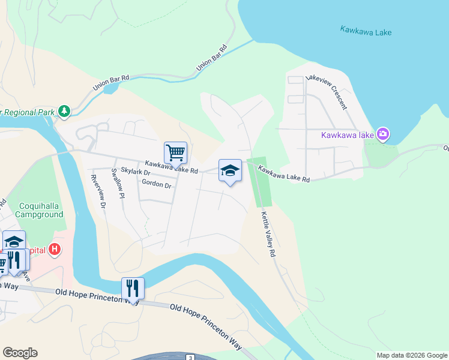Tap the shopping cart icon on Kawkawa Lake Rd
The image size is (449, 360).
(x=175, y=152)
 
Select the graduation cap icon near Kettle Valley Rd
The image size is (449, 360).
(x=230, y=170)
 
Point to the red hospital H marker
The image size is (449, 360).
(x=55, y=248)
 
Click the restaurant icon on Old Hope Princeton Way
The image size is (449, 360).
(x=133, y=289)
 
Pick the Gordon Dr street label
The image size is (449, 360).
(x=157, y=184)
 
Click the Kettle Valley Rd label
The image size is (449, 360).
(x=268, y=234)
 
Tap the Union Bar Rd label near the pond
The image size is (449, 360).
(x=111, y=83)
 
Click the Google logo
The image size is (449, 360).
(x=20, y=353)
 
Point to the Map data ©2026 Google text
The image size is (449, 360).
(x=411, y=355)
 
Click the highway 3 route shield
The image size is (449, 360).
(x=190, y=358)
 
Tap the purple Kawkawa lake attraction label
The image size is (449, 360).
(x=348, y=134)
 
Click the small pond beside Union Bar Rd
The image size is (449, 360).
(x=111, y=89)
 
